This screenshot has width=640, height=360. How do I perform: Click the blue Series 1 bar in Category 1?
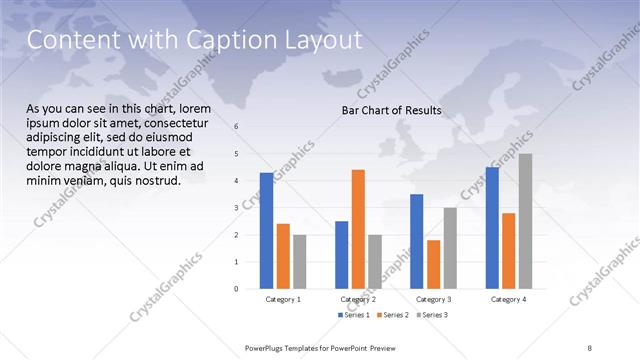tap(266, 231)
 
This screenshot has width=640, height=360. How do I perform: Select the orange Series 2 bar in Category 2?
tap(358, 229)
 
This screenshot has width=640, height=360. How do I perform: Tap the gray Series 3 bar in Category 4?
tap(525, 221)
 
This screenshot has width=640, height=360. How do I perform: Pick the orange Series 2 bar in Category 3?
tap(433, 264)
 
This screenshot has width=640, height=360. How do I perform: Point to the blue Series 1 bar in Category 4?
tap(491, 228)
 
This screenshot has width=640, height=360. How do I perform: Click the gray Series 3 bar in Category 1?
tap(300, 262)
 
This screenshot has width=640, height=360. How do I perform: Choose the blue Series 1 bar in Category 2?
tap(341, 255)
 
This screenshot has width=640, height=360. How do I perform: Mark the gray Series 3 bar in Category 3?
tap(450, 248)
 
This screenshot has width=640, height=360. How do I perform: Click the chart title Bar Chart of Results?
tap(385, 110)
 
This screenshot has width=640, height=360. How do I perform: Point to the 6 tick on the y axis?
tap(237, 127)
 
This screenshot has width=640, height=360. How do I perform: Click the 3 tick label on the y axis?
tap(237, 208)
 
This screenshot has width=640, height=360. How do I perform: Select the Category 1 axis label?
tap(283, 299)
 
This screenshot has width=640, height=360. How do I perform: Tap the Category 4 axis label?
tap(508, 299)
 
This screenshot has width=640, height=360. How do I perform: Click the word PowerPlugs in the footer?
tap(270, 347)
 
